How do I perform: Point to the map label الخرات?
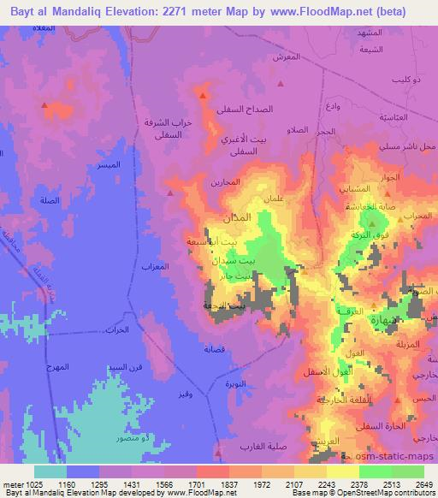point(115,329)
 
